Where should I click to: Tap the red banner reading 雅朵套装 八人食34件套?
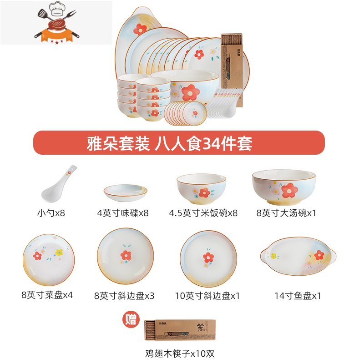click(x=179, y=143)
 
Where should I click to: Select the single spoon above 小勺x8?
click(x=59, y=184)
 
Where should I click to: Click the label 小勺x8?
click(x=51, y=213)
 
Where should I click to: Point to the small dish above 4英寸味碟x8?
click(x=126, y=192)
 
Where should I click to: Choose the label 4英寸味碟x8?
click(x=123, y=213)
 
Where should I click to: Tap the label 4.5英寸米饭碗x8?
click(x=203, y=213)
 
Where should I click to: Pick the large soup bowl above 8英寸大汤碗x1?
click(x=284, y=187)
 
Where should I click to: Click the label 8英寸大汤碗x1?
click(x=286, y=213)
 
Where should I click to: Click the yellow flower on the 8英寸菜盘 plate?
click(x=59, y=253)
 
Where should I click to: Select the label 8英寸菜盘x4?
click(x=47, y=295)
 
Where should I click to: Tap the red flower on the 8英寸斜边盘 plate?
click(x=126, y=255)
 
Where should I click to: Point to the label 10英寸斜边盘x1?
click(x=207, y=295)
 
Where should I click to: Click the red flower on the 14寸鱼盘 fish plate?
click(x=319, y=255)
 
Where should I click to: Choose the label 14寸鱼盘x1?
click(x=298, y=295)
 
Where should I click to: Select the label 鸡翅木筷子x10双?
click(x=180, y=354)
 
